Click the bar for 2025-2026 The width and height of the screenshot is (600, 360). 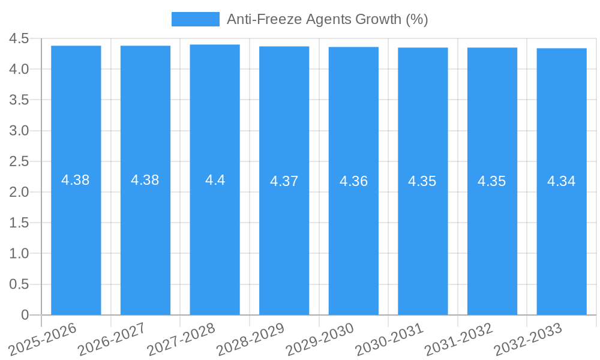click(x=76, y=180)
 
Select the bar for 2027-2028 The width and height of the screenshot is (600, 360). click(x=215, y=179)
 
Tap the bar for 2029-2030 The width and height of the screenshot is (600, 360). click(x=353, y=181)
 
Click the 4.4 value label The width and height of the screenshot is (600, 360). click(x=215, y=180)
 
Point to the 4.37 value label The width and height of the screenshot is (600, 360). click(x=284, y=181)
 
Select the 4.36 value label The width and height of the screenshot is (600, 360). click(x=353, y=181)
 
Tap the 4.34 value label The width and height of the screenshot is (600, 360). click(x=562, y=181)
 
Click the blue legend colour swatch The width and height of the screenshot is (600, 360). click(x=196, y=19)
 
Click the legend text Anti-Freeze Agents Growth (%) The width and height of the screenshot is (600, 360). click(x=327, y=19)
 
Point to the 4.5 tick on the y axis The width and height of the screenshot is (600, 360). click(x=19, y=39)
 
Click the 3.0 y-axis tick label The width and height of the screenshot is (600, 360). click(x=19, y=131)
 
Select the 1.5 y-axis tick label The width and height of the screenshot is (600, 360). click(x=19, y=223)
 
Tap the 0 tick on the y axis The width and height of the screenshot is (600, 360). click(x=25, y=315)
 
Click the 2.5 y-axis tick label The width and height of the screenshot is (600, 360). click(x=19, y=161)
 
